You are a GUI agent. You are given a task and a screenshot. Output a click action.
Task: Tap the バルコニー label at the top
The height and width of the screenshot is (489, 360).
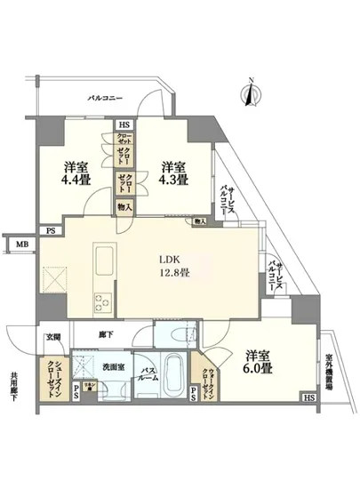(x=105, y=98)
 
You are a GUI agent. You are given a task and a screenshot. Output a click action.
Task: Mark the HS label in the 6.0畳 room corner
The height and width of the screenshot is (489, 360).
(x=308, y=397)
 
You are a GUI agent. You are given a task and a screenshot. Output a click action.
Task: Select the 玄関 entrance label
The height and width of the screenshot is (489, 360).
(x=52, y=337)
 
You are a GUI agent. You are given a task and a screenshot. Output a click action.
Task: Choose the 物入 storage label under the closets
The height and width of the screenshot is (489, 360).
(x=124, y=208)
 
